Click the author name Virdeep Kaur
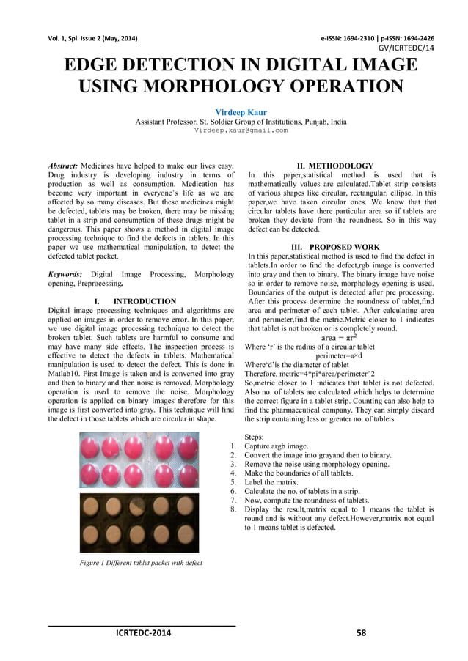241,112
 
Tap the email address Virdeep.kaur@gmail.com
241,130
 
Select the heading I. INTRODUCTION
136,301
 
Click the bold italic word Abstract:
64,166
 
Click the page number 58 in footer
361,634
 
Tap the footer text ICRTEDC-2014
142,634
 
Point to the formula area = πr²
340,338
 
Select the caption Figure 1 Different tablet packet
141,562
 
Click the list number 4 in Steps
233,473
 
